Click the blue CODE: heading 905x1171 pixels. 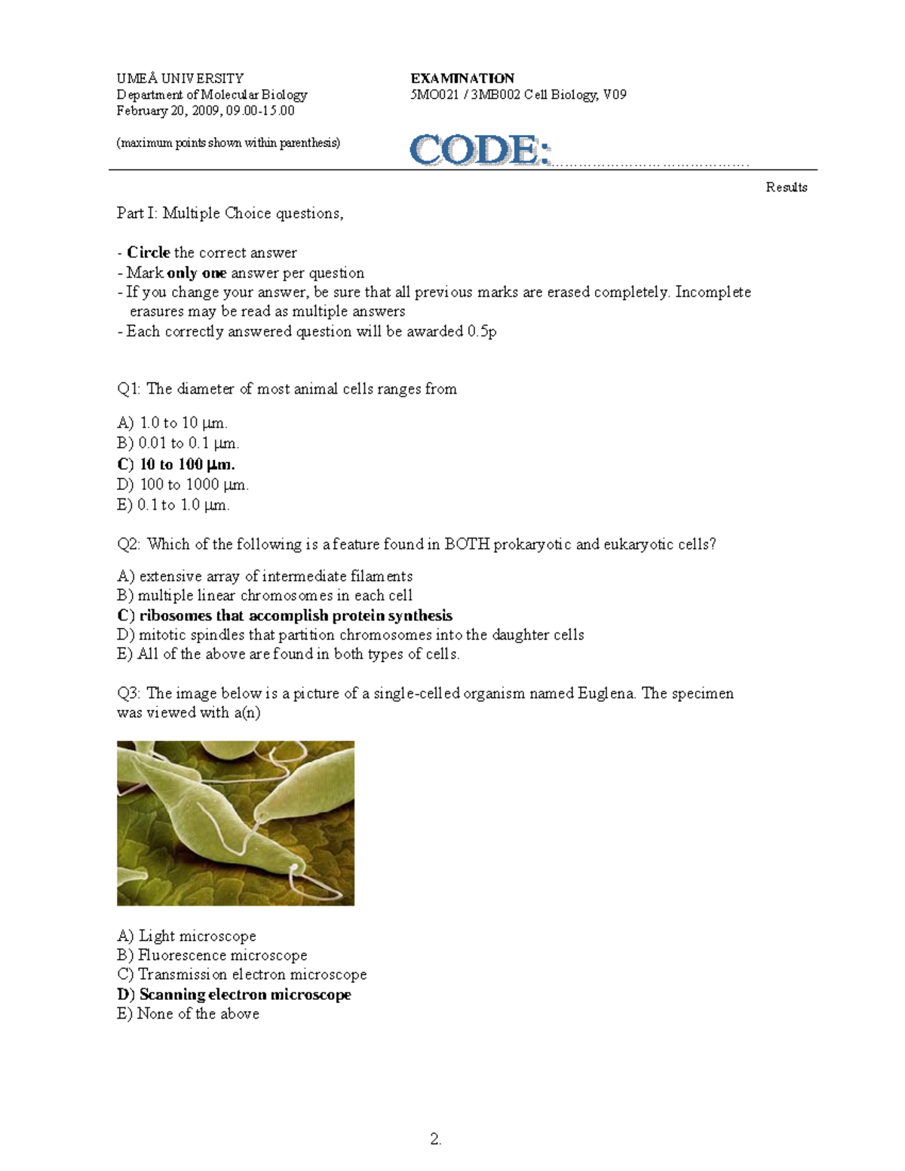tap(480, 149)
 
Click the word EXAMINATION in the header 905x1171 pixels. tap(462, 78)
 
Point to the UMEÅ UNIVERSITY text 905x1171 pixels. tap(180, 78)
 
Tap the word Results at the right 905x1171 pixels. tap(787, 188)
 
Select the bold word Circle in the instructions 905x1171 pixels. tap(148, 253)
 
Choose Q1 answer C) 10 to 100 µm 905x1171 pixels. tap(176, 464)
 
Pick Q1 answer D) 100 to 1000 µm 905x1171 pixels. tap(183, 485)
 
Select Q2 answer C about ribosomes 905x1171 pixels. tap(285, 615)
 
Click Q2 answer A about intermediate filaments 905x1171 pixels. tap(265, 577)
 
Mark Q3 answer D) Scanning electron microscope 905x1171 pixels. tap(235, 995)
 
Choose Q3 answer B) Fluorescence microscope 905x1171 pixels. tap(213, 955)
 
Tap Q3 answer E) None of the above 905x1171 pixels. tap(189, 1014)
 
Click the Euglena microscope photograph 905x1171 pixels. tap(235, 823)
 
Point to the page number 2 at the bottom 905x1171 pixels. tap(435, 1139)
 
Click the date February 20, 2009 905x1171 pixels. tap(167, 111)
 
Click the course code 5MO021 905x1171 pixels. tap(434, 95)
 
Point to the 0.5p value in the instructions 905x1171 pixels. tap(482, 332)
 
